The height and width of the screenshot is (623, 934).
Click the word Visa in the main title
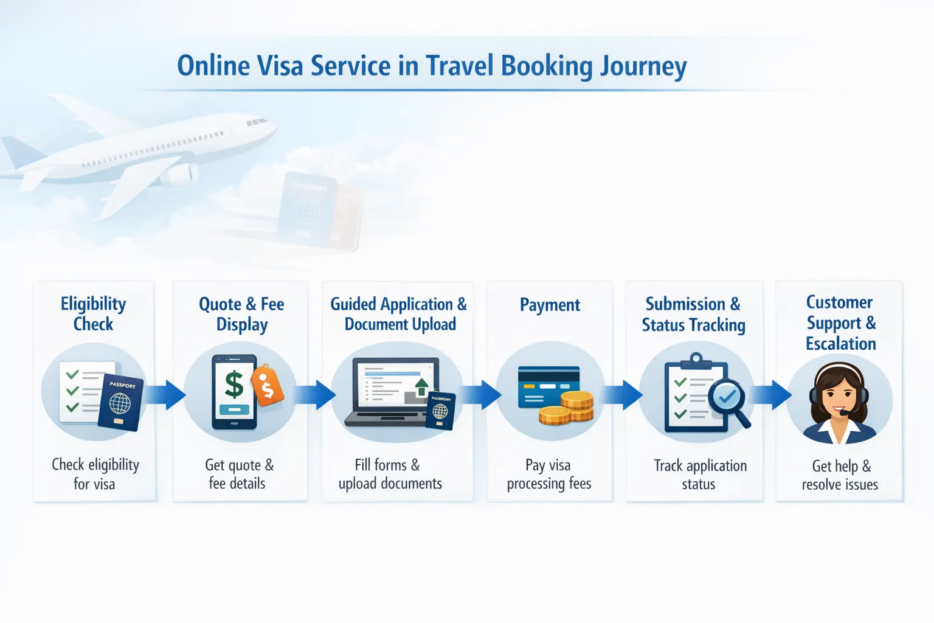click(280, 66)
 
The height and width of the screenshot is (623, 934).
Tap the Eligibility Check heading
click(93, 314)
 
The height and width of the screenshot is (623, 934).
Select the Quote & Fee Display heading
click(241, 314)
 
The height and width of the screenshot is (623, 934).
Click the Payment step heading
click(550, 305)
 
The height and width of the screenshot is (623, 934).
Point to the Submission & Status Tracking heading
click(693, 315)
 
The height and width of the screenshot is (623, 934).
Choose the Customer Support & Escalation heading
click(840, 322)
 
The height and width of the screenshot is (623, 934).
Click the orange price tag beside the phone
click(268, 385)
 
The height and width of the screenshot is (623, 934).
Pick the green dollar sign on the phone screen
click(234, 385)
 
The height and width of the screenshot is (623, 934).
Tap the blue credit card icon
click(547, 386)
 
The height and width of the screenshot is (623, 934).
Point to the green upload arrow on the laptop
click(421, 386)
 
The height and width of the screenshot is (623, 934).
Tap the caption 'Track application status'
click(700, 475)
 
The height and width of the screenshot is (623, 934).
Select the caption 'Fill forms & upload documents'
click(390, 475)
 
